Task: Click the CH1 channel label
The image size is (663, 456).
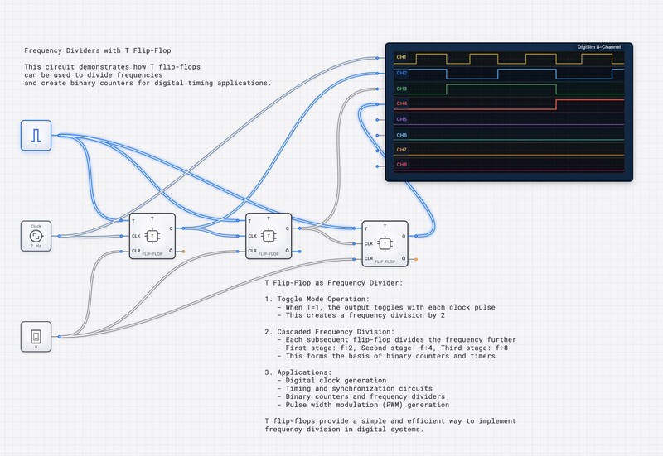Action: click(401, 57)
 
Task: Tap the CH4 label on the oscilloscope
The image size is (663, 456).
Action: click(401, 103)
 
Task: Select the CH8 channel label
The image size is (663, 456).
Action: click(401, 165)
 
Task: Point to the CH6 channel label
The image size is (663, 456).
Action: click(401, 134)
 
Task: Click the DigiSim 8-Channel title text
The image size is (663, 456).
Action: click(603, 47)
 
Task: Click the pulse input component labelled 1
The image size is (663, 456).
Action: click(36, 135)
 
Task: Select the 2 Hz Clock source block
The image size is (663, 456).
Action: click(36, 234)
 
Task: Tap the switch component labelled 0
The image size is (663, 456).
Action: click(36, 337)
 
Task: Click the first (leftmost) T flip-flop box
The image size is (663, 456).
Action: click(152, 235)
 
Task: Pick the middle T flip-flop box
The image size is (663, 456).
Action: click(268, 235)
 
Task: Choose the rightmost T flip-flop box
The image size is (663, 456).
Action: click(385, 243)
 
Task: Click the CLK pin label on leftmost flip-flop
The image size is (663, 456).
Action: click(137, 235)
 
